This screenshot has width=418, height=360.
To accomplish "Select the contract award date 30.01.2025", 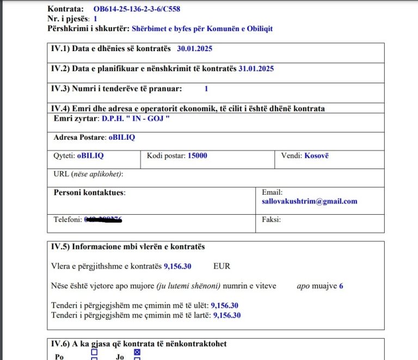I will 194,48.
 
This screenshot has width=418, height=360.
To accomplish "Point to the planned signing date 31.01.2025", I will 256,69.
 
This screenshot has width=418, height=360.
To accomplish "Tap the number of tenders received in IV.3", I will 206,88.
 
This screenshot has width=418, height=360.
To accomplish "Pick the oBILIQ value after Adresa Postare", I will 121,137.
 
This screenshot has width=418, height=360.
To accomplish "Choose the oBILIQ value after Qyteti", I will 90,156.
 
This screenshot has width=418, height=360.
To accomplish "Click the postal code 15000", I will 197,156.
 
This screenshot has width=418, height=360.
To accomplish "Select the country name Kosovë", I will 316,156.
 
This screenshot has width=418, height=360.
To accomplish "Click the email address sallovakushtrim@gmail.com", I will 309,201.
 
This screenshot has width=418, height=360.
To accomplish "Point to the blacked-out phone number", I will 103,219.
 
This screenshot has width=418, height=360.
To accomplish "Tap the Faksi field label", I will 271,219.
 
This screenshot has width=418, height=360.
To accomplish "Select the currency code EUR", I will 222,266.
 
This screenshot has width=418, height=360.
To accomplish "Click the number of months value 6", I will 341,285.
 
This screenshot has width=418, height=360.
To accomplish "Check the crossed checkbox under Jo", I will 137,352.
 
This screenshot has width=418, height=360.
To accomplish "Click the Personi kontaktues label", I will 89,192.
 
